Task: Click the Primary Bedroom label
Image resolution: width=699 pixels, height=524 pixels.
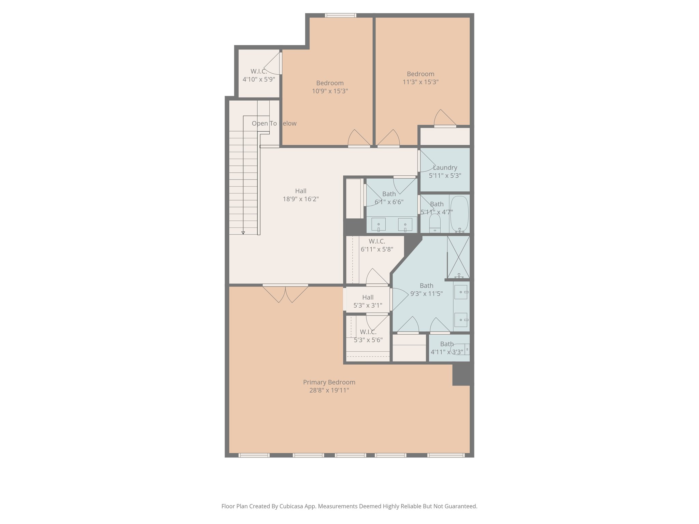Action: tap(329, 382)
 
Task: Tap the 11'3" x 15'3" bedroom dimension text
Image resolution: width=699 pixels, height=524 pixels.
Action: tap(420, 82)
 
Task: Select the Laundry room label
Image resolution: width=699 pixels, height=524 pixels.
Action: tap(445, 168)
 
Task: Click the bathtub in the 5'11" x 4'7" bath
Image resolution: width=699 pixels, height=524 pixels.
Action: tap(459, 214)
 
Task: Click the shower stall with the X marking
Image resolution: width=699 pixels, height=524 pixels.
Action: tap(458, 257)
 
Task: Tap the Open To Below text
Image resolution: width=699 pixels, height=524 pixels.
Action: tap(274, 123)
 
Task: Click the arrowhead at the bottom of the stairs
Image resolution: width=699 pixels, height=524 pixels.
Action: tap(243, 233)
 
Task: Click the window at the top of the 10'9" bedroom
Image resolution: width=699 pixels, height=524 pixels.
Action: tap(340, 15)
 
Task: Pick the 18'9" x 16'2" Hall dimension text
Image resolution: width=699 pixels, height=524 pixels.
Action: tap(301, 199)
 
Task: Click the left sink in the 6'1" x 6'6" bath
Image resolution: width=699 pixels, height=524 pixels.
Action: tap(379, 225)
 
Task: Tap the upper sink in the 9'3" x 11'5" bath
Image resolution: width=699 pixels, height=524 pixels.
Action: tap(461, 292)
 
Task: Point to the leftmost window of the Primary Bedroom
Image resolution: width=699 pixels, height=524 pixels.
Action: tap(254, 455)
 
